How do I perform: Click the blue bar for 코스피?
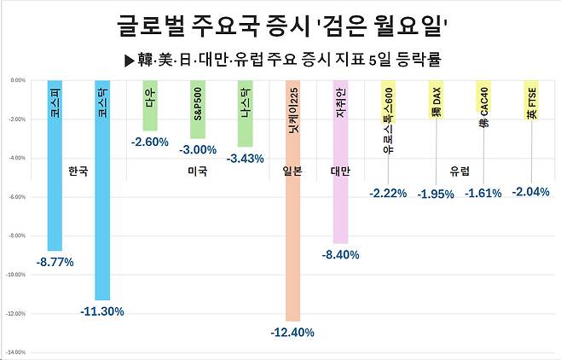54,165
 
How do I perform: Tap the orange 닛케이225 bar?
292,201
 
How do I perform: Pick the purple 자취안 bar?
340,162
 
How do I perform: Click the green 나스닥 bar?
245,114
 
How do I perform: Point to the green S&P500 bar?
197,110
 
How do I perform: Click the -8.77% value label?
55,262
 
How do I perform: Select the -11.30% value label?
102,311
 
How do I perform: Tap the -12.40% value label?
292,332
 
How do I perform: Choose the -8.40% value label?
341,254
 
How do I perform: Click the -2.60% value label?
149,142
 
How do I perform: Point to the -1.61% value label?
484,194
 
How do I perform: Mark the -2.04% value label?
531,192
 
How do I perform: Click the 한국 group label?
78,170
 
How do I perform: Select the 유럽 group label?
460,170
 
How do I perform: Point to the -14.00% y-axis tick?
15,352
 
